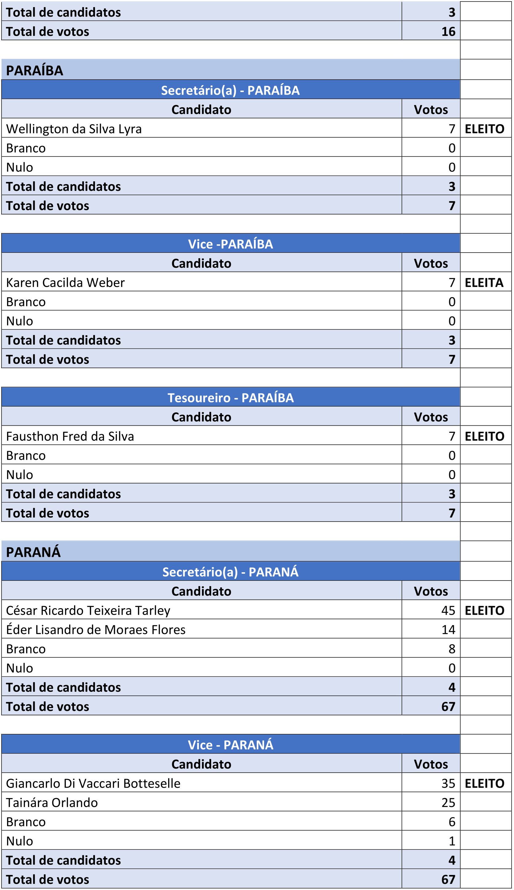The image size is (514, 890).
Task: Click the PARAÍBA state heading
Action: [35, 71]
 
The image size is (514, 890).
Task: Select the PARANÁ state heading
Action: [34, 552]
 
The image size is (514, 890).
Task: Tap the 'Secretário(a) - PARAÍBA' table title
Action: [230, 90]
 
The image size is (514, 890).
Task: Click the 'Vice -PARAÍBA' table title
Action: [230, 244]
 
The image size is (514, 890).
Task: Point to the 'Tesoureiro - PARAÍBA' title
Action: [230, 398]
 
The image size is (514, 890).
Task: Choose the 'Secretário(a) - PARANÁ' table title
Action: [230, 572]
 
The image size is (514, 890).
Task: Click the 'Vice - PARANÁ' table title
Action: [230, 745]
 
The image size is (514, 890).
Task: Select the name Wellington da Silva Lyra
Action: [74, 129]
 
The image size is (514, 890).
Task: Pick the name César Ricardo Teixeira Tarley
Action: [88, 610]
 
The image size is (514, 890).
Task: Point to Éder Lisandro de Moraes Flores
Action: [96, 630]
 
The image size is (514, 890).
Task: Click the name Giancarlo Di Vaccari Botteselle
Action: [93, 783]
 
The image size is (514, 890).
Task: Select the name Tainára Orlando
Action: [52, 802]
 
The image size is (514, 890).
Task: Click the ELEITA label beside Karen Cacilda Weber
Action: [484, 282]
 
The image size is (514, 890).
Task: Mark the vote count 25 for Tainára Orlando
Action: [448, 802]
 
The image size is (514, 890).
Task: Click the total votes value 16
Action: [448, 32]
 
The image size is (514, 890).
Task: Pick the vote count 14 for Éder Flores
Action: [448, 630]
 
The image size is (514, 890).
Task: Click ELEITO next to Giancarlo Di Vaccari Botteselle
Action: [484, 783]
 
